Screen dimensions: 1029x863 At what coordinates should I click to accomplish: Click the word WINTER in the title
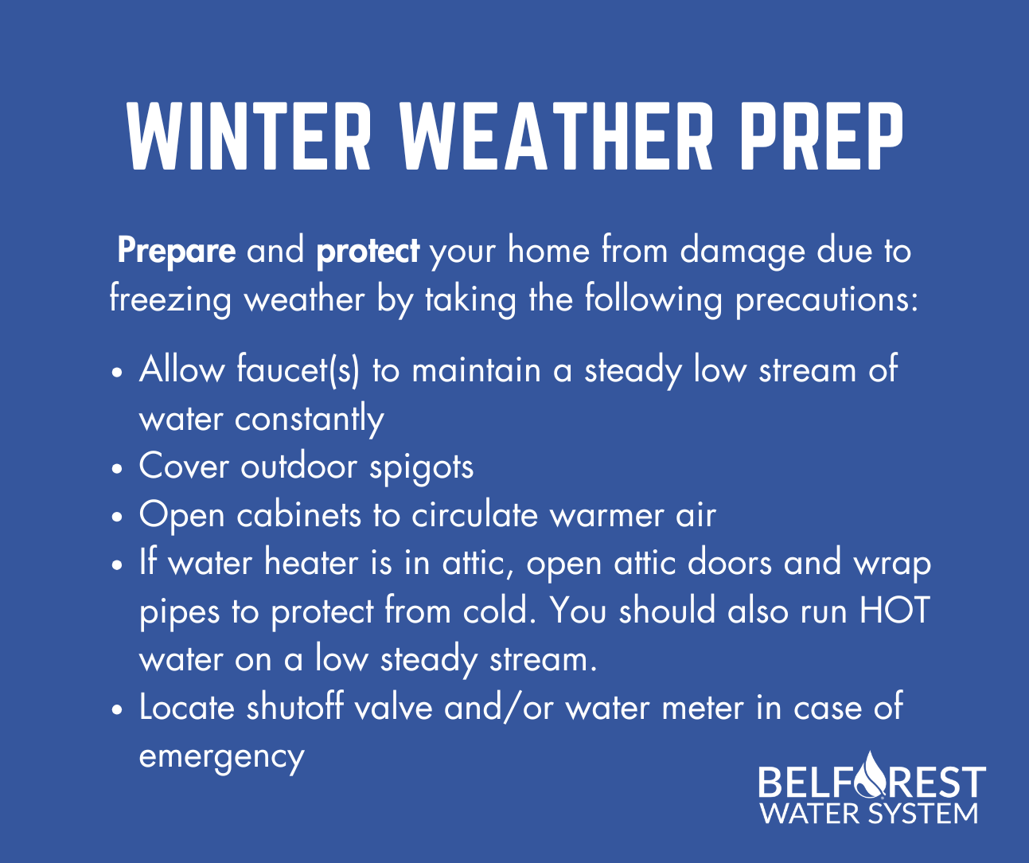tap(248, 136)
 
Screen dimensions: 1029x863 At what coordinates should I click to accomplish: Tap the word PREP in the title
tap(820, 136)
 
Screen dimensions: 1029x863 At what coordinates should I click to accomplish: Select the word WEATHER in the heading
tap(555, 136)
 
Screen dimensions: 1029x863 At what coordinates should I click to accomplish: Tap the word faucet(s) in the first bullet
tap(298, 370)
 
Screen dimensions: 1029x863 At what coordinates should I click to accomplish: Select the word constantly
tap(309, 420)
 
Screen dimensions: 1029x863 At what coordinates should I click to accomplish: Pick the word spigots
tap(421, 467)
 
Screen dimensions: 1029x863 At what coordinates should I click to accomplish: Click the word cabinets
tap(298, 515)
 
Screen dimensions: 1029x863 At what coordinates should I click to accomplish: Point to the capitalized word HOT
tap(895, 611)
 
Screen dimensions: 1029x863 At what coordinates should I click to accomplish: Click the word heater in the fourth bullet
tap(311, 563)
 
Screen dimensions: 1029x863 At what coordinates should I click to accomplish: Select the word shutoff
tap(294, 707)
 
